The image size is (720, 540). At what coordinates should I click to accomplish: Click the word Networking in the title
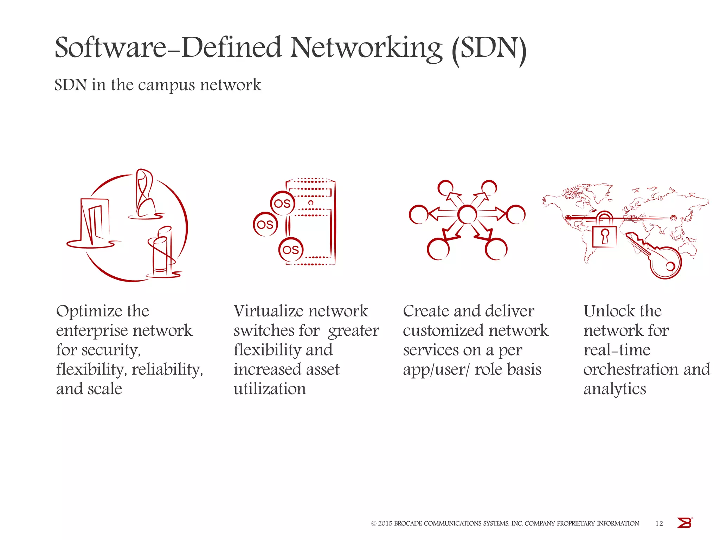point(366,48)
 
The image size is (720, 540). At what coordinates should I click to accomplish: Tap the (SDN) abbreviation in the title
point(489,49)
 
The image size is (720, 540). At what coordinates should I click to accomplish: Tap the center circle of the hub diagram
point(467,214)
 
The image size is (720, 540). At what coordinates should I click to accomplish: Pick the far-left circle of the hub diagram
point(418,214)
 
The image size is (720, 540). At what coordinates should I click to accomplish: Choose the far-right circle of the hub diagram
point(516,214)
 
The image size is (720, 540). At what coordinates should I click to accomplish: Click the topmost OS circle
point(282,203)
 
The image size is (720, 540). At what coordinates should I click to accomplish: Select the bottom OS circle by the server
point(291,250)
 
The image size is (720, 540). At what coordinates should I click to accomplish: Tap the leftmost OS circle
point(265,224)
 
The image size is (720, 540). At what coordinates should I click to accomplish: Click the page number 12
point(659,523)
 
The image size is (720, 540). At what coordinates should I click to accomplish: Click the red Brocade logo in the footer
point(684,523)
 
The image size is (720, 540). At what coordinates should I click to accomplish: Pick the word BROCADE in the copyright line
point(407,523)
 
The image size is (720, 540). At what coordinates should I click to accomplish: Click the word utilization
point(270,389)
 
